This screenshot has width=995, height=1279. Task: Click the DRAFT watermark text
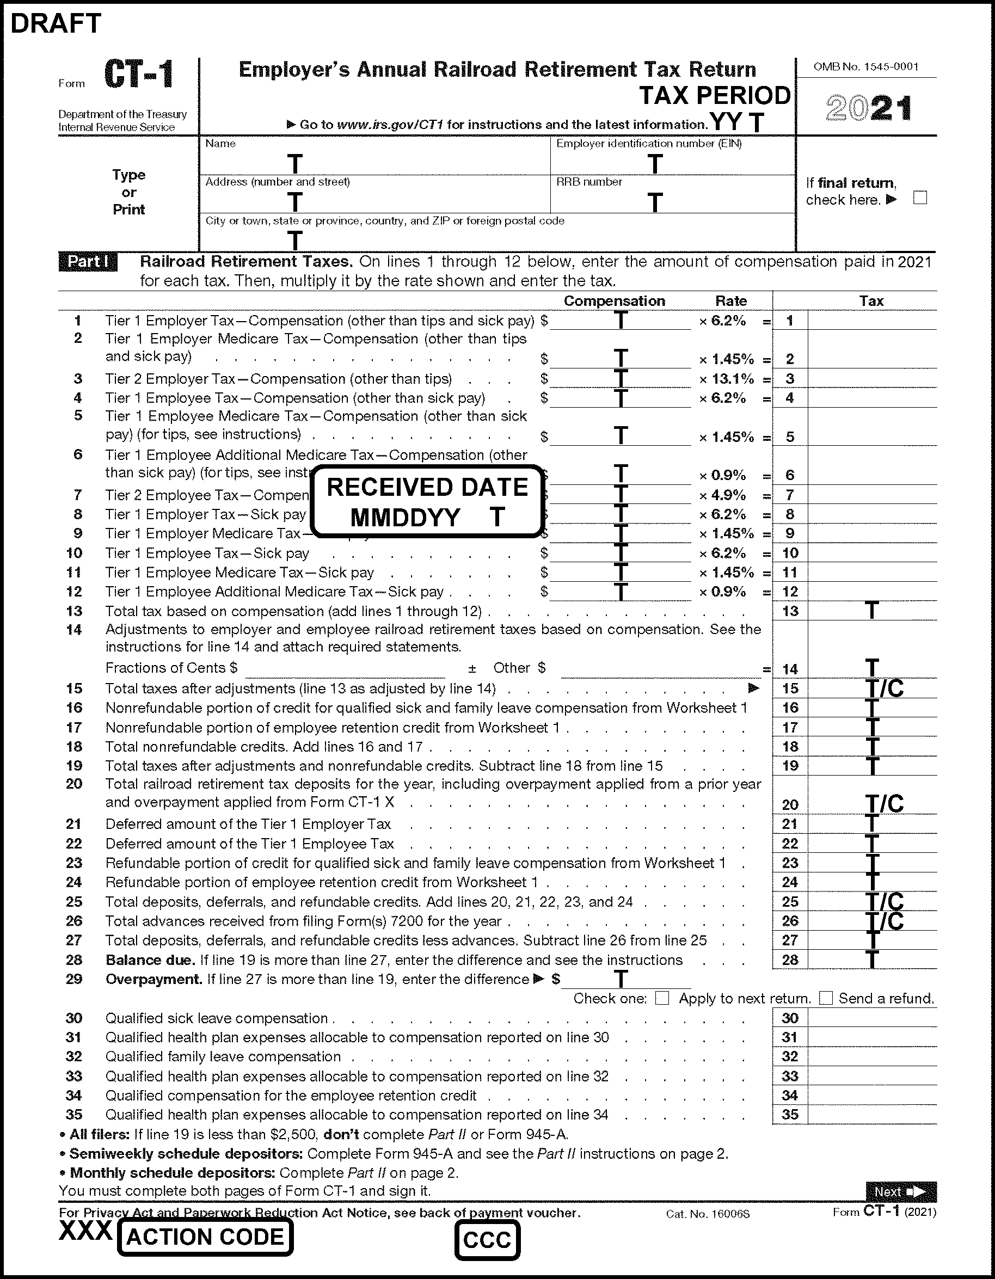coord(56,23)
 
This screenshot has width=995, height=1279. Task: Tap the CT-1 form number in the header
coord(138,75)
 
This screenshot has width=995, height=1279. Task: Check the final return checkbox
coord(920,198)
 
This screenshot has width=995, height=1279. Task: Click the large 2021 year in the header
coord(869,108)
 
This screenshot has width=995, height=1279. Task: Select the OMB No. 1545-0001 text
coord(865,67)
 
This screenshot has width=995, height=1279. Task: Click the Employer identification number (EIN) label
coord(648,144)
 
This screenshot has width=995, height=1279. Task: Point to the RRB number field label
coord(588,182)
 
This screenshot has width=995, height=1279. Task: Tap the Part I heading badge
coord(88,262)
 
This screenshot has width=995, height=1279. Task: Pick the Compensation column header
coord(614,301)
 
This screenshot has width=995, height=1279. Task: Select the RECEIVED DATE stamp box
coord(427,502)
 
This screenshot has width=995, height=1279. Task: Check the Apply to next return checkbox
coord(662,998)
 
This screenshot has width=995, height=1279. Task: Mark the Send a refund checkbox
coord(826,998)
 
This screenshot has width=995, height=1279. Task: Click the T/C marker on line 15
coord(885,688)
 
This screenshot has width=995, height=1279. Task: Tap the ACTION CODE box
coord(205,1237)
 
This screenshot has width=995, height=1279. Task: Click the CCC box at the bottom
coord(487,1240)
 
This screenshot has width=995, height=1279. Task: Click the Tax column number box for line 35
coord(790,1115)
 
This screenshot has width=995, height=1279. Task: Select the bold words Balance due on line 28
coord(150,960)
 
